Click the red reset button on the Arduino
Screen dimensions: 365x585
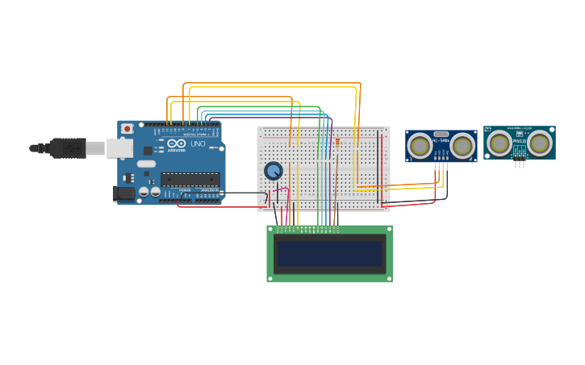pos(127,128)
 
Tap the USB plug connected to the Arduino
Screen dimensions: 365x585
pos(68,147)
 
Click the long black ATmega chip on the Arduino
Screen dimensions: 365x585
pos(190,179)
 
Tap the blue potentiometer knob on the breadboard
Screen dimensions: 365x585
pos(274,171)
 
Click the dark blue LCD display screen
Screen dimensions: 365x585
pos(329,254)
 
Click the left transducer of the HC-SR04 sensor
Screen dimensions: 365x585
pos(419,146)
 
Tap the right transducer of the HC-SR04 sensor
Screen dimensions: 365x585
pos(462,146)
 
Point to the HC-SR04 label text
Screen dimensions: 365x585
pos(441,142)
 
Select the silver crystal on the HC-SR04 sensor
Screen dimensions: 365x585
pos(441,134)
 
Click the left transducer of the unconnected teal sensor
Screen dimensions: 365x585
pos(499,143)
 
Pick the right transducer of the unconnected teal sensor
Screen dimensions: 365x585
pos(539,143)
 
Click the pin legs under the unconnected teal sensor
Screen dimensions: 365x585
pos(519,164)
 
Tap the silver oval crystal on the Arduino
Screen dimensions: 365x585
pos(146,164)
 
